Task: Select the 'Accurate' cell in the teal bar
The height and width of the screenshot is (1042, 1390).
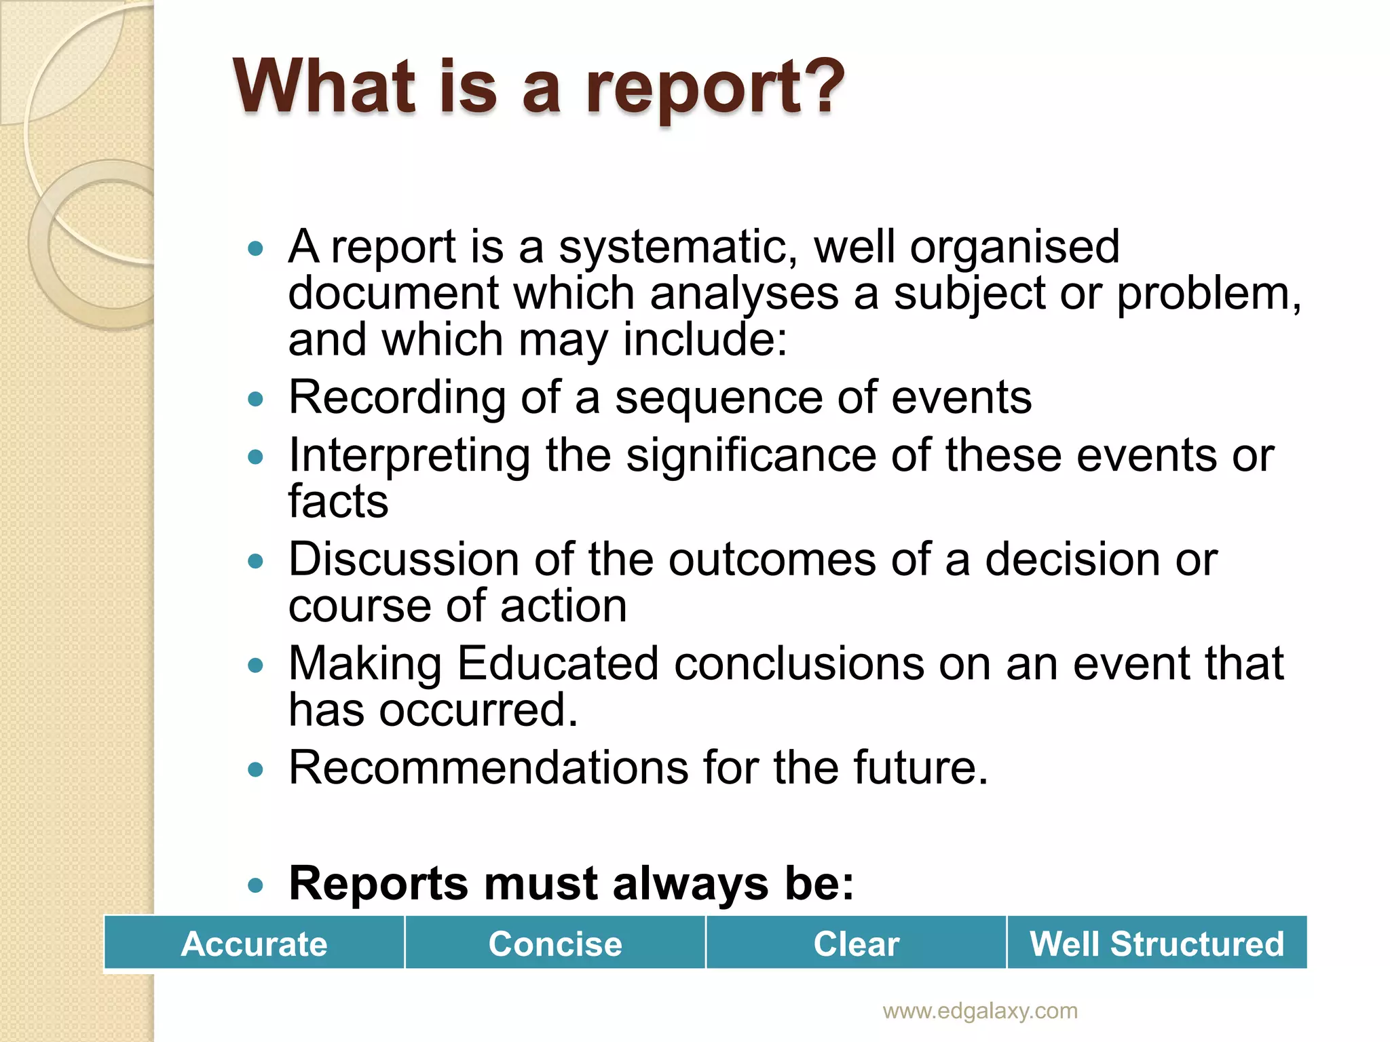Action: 254,944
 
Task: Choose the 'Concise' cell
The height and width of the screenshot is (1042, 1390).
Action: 555,944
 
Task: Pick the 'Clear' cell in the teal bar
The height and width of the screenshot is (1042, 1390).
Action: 856,944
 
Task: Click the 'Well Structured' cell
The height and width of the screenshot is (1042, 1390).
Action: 1157,944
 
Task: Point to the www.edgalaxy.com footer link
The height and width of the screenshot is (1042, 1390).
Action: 979,1011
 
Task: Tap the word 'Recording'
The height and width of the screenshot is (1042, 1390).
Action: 397,398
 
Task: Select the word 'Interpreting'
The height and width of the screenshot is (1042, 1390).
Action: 409,456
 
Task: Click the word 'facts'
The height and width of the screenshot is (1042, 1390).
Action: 338,501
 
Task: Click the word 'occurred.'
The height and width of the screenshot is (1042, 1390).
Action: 478,710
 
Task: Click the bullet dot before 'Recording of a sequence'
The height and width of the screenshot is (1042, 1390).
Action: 255,399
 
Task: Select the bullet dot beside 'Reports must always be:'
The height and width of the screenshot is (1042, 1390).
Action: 255,885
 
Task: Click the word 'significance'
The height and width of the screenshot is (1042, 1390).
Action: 751,456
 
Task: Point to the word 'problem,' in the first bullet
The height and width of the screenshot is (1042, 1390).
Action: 1209,294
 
